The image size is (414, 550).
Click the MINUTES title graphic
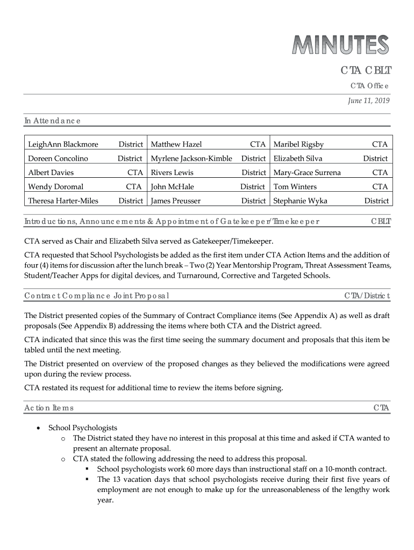[340, 45]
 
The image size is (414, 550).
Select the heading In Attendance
[52, 121]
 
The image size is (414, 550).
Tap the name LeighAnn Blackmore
[63, 144]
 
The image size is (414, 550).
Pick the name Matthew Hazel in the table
[176, 144]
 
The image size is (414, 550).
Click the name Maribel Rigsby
[299, 144]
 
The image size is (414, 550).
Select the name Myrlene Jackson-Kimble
[192, 158]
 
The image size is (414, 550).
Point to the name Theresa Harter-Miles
[63, 201]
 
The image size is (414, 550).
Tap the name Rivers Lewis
[172, 172]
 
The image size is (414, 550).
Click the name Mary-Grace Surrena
[307, 172]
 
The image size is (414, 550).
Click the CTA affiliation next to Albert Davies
[135, 172]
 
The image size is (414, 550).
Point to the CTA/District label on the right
[367, 296]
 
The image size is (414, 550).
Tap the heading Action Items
[49, 409]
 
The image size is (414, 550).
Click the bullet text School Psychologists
[83, 428]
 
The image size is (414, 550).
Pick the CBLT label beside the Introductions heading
[380, 221]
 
